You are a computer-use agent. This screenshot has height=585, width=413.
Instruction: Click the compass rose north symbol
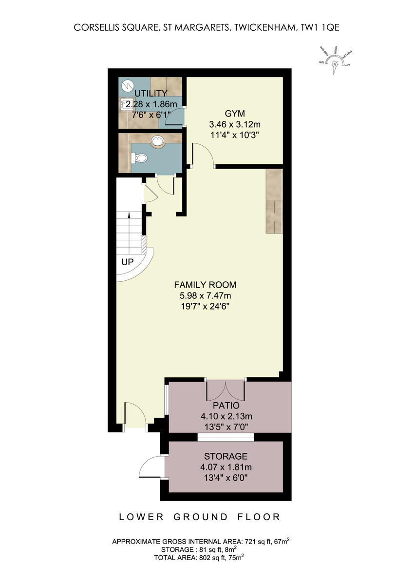tap(335, 63)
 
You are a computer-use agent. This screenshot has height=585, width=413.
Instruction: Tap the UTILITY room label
tap(151, 93)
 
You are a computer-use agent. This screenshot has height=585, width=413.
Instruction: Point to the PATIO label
tap(226, 406)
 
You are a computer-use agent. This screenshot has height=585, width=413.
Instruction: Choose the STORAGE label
tap(225, 456)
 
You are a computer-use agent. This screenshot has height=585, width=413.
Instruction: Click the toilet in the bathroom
tap(140, 158)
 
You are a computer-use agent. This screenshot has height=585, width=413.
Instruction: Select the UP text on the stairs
tap(128, 262)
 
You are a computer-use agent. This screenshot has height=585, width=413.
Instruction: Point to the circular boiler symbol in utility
tap(128, 85)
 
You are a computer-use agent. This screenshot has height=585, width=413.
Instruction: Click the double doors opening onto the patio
tap(226, 390)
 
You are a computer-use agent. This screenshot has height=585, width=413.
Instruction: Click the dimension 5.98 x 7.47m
tap(205, 296)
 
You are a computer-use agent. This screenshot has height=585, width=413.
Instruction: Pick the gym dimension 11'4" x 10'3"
tap(233, 135)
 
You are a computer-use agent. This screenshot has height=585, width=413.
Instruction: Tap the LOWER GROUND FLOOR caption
tap(200, 517)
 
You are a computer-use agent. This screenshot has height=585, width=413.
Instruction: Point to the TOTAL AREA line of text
tap(199, 557)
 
